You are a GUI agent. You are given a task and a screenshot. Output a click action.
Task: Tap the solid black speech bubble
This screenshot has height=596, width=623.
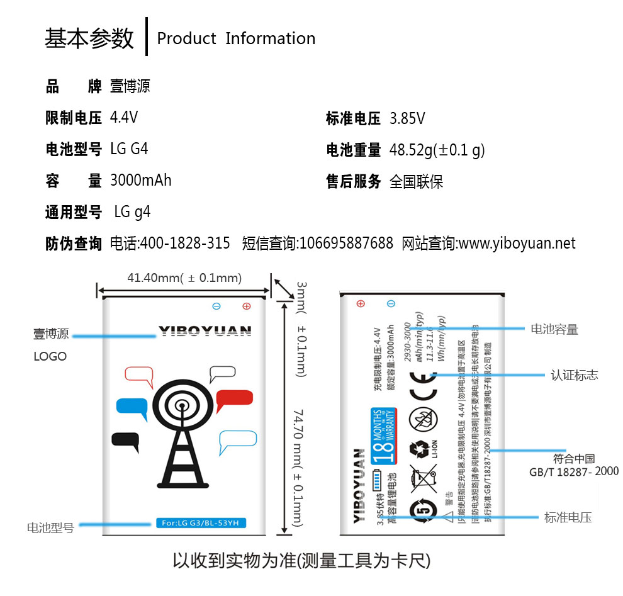tap(125, 441)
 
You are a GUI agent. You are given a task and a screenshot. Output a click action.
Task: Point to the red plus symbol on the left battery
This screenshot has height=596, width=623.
tap(246, 306)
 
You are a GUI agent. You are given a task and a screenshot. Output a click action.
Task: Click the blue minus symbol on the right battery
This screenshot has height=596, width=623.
tap(391, 303)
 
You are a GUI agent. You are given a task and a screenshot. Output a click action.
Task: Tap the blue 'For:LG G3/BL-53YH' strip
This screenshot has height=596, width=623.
tap(201, 522)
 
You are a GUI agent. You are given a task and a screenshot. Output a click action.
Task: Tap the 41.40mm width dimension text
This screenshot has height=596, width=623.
tap(184, 278)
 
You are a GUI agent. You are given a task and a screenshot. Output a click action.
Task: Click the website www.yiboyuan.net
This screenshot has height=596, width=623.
tap(517, 244)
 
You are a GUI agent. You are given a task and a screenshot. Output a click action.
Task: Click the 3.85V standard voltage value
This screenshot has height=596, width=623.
tap(407, 118)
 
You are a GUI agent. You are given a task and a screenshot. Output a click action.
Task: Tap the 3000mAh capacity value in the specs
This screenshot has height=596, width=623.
tap(140, 181)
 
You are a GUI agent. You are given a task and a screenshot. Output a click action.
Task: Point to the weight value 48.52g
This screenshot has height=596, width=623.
tap(437, 150)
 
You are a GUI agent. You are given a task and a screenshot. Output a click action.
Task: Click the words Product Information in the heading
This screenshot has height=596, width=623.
tap(236, 38)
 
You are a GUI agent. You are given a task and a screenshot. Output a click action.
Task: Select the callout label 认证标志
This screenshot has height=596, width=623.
tap(574, 376)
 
